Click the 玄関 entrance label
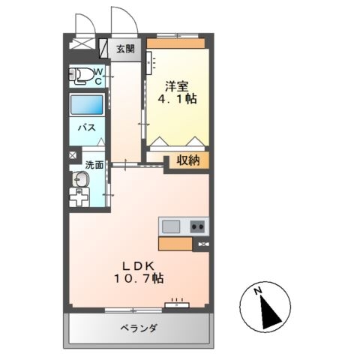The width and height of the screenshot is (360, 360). [125, 49]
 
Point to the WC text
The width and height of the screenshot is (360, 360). [98, 76]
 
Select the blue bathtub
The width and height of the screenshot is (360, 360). [86, 104]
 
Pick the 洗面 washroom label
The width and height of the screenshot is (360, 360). [94, 165]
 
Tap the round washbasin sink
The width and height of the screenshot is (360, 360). [80, 180]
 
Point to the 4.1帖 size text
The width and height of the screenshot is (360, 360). [177, 99]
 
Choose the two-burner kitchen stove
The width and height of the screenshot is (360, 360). [197, 226]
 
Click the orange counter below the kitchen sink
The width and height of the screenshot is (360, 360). [175, 244]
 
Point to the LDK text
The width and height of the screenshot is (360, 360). [134, 264]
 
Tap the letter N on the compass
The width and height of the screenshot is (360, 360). [257, 291]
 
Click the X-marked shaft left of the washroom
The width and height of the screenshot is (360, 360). [73, 156]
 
